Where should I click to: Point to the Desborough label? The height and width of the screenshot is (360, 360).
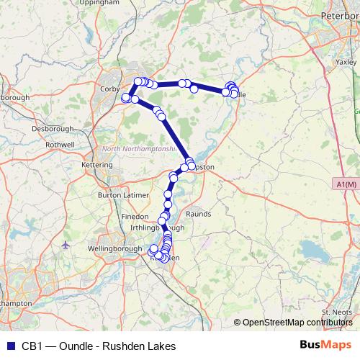coord(53,128)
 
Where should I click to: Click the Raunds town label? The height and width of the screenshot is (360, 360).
coord(198,214)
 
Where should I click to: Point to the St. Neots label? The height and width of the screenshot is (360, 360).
coord(336,312)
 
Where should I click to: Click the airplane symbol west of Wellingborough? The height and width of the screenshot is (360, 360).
coord(67,244)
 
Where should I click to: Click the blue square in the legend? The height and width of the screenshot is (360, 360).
coord(9,346)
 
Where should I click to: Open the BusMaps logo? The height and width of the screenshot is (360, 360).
coord(325,345)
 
